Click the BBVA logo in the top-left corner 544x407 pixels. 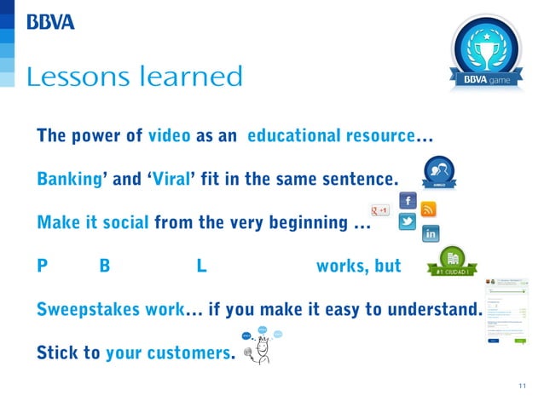click(50, 22)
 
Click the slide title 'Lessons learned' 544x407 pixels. click(135, 77)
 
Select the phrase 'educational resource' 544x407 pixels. click(331, 136)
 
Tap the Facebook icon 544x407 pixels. click(408, 201)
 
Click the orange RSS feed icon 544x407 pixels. click(429, 209)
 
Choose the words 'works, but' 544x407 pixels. click(358, 267)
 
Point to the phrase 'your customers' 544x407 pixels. click(167, 353)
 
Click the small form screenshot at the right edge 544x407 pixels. click(509, 312)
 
